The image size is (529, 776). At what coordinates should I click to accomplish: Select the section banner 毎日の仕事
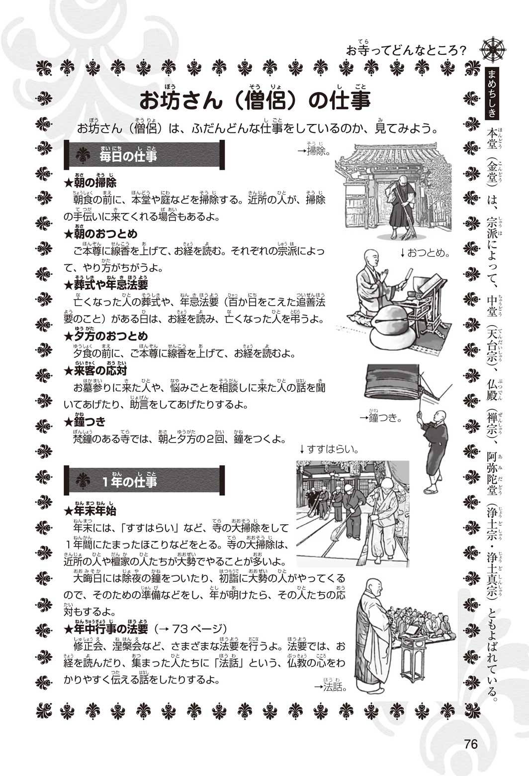[144, 155]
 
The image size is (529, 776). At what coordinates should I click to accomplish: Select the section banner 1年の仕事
[144, 480]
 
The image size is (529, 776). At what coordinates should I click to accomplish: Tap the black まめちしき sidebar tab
[491, 93]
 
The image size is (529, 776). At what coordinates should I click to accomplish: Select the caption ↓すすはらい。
[329, 449]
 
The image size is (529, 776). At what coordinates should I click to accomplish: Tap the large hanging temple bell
[392, 383]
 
